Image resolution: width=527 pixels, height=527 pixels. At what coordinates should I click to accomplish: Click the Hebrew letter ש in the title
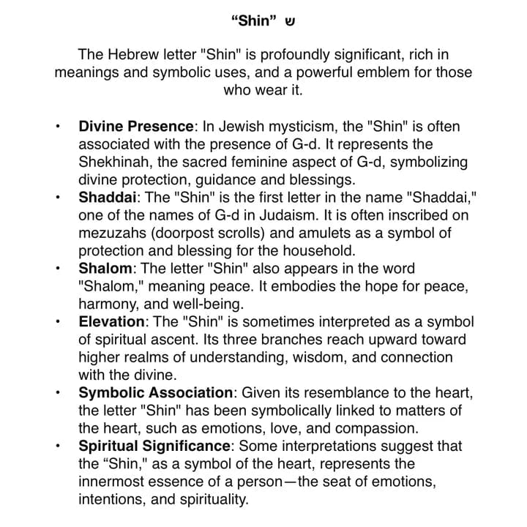(x=290, y=20)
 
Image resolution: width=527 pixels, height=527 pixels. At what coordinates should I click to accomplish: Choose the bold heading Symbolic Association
(x=155, y=393)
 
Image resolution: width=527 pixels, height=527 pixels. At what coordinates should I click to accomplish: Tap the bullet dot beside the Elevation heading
(x=58, y=322)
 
